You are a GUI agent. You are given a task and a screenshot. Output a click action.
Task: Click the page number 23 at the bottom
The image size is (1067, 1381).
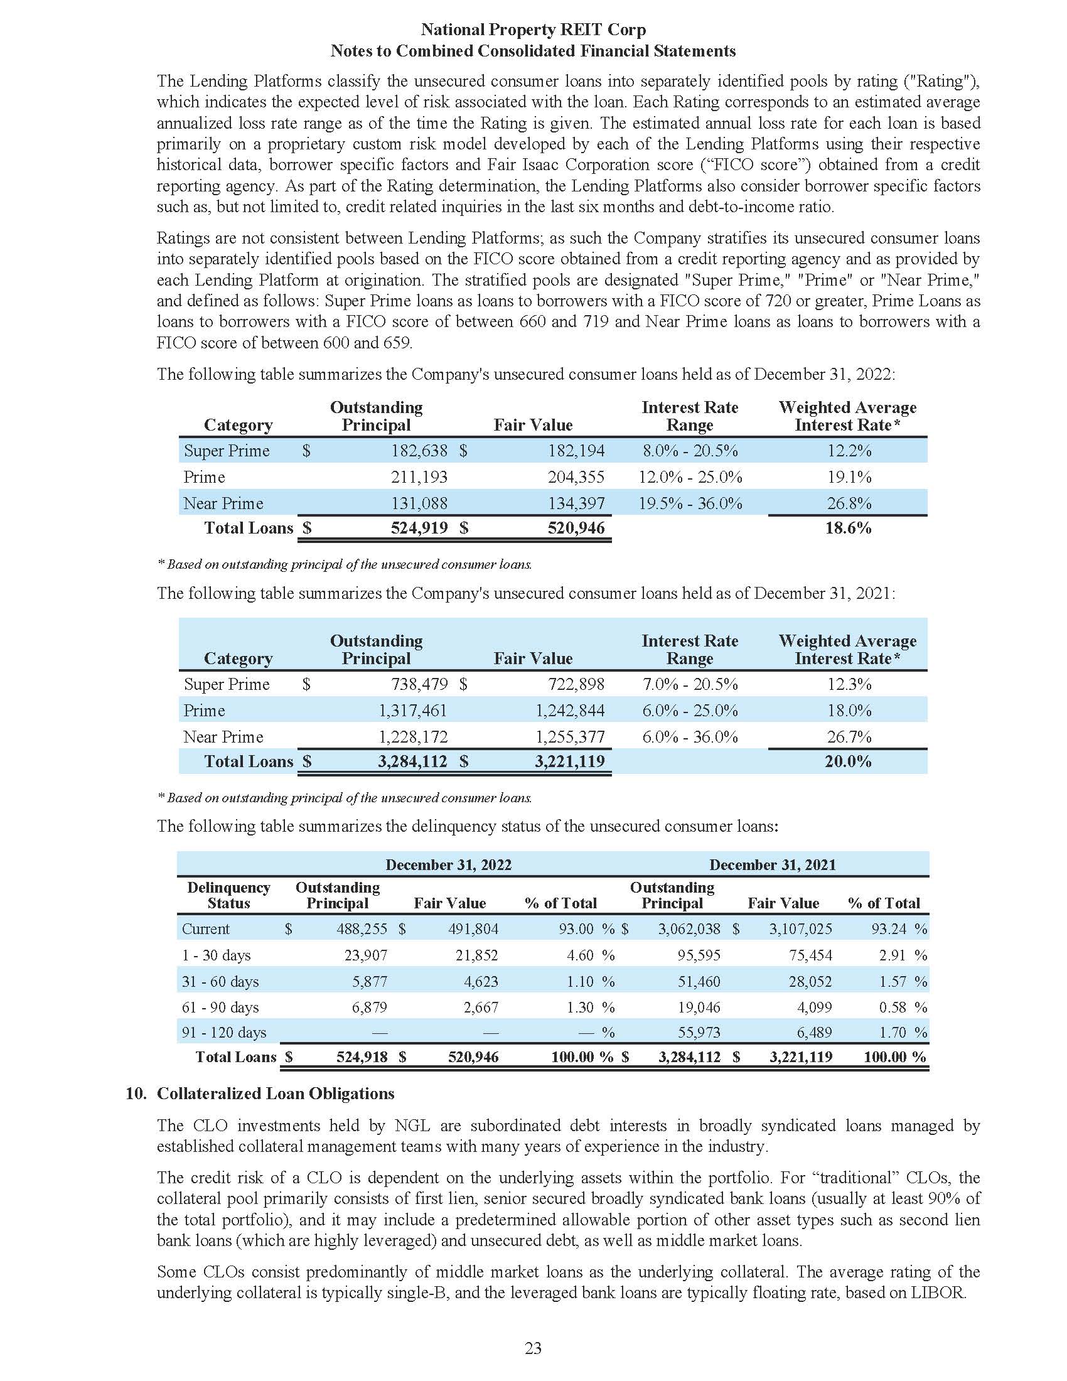pos(533,1348)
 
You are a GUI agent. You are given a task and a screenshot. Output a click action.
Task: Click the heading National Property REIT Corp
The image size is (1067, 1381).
pos(533,30)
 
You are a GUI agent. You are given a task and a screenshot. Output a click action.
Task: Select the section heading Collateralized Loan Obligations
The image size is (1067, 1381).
pos(276,1094)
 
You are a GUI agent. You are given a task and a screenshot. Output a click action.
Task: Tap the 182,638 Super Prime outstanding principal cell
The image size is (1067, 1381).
pos(419,451)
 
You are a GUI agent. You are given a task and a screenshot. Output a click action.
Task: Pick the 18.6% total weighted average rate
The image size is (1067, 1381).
pos(848,528)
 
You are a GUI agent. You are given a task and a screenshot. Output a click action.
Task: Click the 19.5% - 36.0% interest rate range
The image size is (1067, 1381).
pos(690,503)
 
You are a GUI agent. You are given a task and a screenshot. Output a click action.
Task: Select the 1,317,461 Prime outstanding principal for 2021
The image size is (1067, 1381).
pos(413,711)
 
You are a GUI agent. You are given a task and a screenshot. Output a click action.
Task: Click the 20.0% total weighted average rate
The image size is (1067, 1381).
pos(848,761)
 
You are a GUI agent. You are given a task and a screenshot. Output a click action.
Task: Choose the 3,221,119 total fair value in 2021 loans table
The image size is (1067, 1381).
pos(569,761)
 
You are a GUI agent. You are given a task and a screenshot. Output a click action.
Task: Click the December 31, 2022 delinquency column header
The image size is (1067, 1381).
pos(448,864)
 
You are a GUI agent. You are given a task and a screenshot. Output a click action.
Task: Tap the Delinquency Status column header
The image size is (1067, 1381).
pos(228,895)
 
